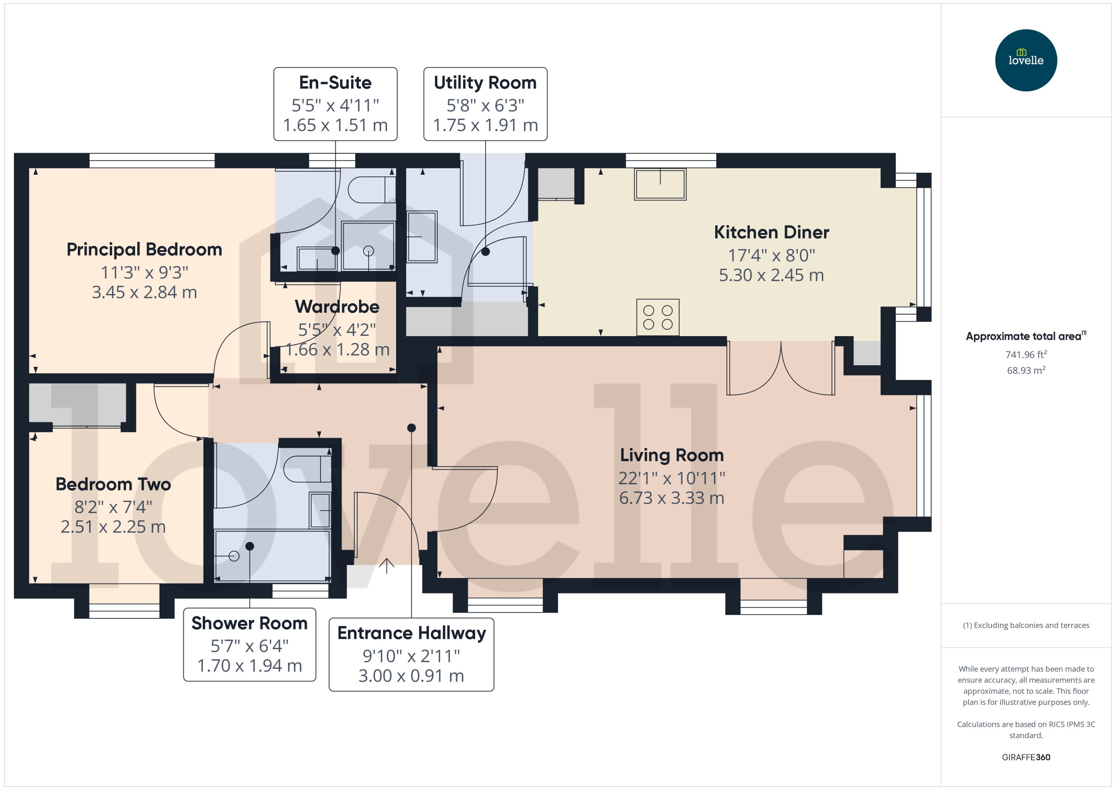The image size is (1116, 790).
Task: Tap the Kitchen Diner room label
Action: coord(771,233)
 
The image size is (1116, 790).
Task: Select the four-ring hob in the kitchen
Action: coord(657,317)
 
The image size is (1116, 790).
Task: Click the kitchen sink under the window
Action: coord(660,184)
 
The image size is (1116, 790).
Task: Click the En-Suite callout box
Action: coord(335,104)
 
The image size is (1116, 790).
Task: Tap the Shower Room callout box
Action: coord(249,645)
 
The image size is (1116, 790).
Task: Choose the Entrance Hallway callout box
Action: coord(411,654)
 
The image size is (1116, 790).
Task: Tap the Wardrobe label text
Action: coord(337,307)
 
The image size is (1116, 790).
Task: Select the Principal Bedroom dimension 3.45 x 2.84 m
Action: coord(144,292)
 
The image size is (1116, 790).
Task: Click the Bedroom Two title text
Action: coord(113,484)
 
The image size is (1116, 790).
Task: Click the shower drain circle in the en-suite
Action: coord(369,251)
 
